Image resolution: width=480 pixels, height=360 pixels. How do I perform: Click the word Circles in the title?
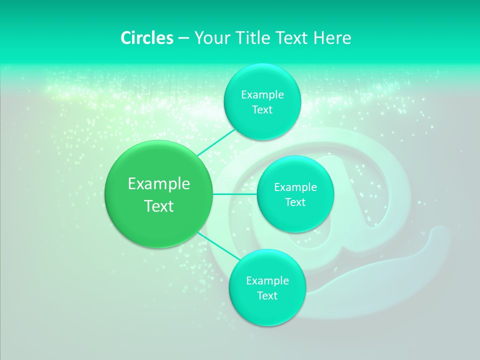point(146,38)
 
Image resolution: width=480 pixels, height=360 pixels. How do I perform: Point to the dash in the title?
point(183,38)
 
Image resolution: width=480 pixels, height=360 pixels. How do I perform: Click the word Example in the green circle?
point(159,184)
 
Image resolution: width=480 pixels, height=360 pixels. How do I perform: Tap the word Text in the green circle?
point(159,206)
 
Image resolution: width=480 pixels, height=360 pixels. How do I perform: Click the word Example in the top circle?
point(262,95)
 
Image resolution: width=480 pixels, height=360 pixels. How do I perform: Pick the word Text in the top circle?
point(262,110)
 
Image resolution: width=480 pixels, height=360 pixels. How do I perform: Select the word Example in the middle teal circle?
point(295,187)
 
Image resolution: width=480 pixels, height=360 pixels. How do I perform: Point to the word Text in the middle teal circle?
point(295,202)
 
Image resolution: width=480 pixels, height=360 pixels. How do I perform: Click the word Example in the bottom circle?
point(267,281)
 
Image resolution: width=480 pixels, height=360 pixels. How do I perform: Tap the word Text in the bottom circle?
point(267,296)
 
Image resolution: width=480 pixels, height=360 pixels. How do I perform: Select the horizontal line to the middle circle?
point(235,194)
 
